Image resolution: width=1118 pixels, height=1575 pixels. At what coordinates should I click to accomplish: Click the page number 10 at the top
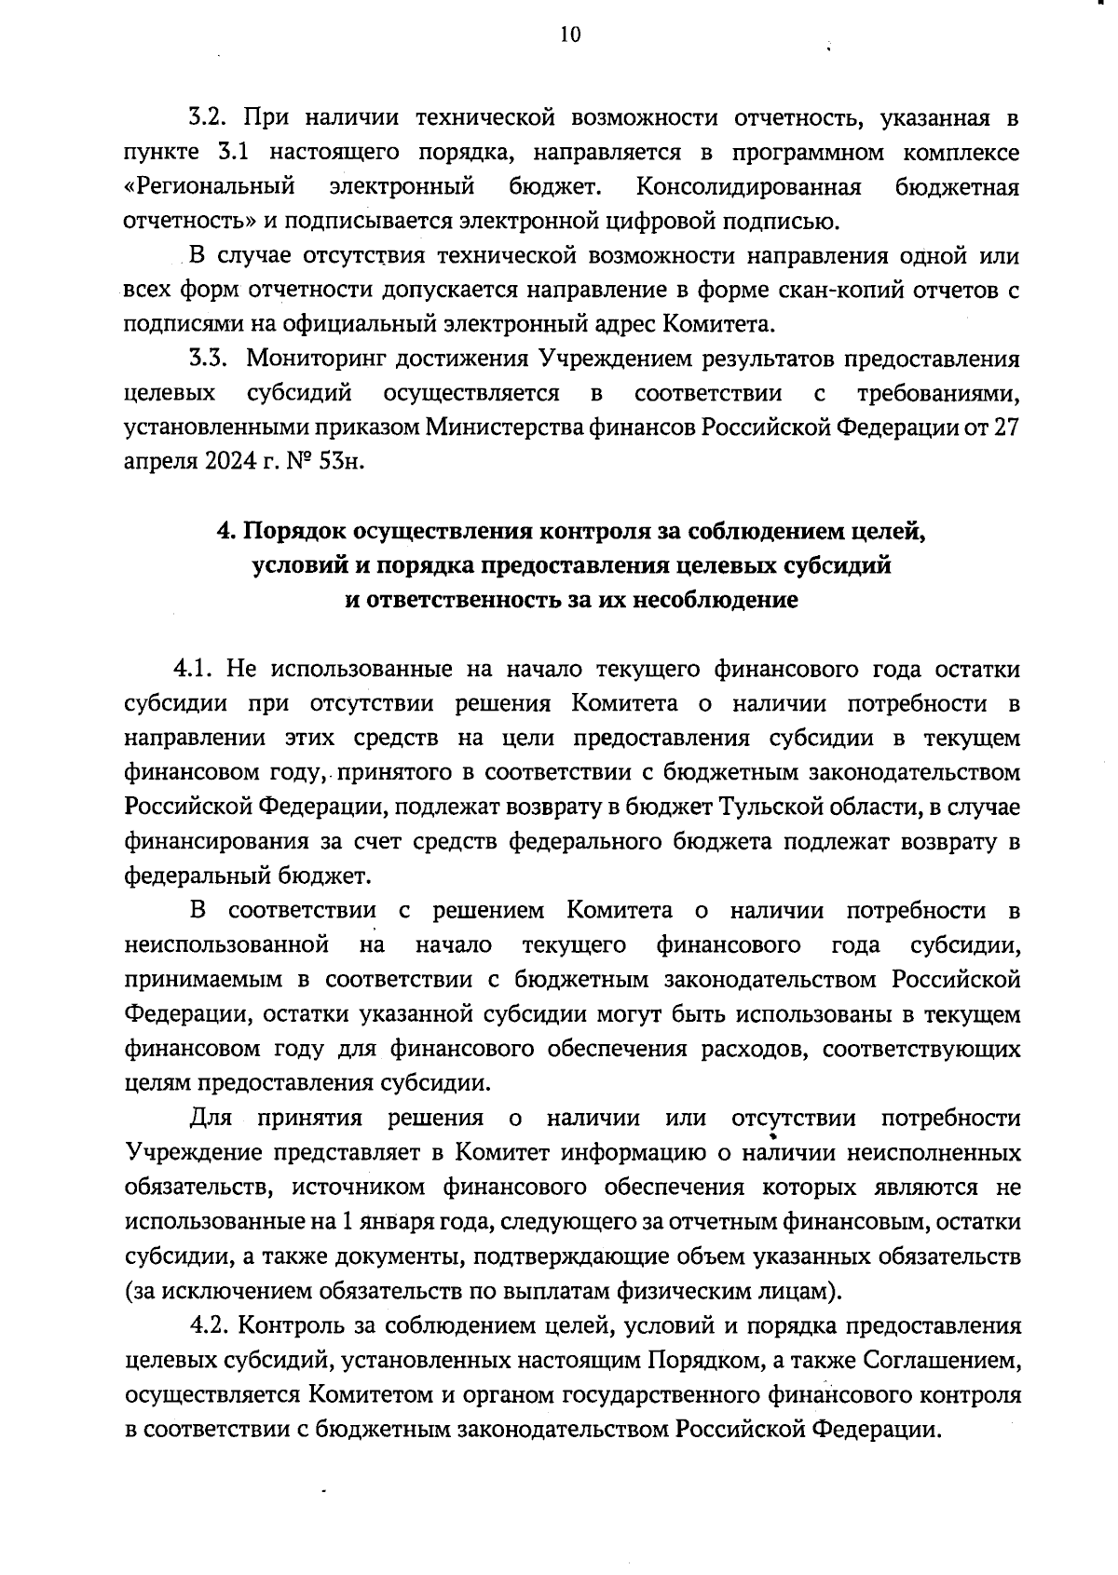570,35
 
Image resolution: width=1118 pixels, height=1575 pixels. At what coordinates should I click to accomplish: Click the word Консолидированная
748,187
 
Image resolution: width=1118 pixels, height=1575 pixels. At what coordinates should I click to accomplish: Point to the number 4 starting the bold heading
223,532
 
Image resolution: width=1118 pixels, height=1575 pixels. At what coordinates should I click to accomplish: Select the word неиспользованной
226,945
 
